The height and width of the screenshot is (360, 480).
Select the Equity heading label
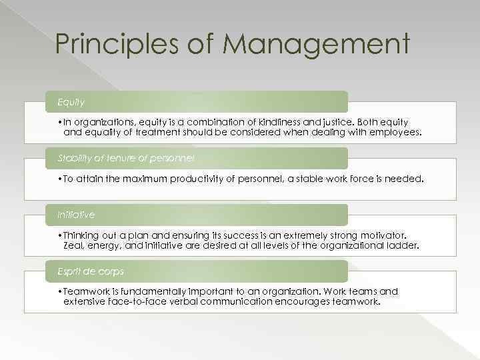[70, 102]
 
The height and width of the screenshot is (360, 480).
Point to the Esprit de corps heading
[90, 271]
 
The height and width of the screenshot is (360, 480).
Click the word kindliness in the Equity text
[282, 122]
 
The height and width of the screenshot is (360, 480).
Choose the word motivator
[381, 235]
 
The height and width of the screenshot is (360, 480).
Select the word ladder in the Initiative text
[403, 245]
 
